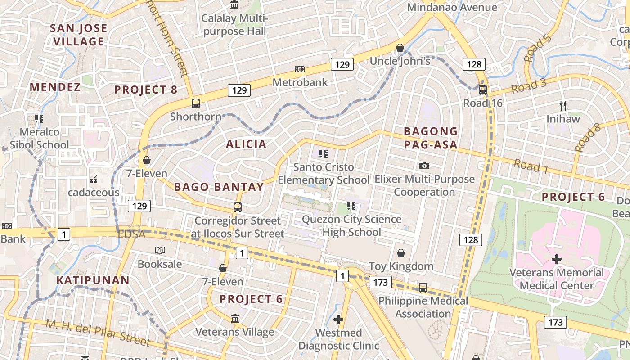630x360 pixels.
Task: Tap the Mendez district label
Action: [55, 87]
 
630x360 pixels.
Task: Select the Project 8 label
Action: [146, 90]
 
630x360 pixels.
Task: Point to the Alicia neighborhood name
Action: [246, 144]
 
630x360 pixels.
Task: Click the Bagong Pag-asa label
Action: [431, 138]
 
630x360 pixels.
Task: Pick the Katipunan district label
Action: [93, 280]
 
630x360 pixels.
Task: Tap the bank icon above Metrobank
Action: [300, 69]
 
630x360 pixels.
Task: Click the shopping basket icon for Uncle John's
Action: [400, 48]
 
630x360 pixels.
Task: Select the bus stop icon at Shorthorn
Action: [196, 103]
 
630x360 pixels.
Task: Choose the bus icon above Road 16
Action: [483, 90]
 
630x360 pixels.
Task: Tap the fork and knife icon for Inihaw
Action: [562, 106]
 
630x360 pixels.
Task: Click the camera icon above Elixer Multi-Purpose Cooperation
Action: [424, 166]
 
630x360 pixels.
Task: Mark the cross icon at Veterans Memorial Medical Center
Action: [557, 259]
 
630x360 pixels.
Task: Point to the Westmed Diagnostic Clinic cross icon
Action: [338, 319]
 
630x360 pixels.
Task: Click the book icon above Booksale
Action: [160, 250]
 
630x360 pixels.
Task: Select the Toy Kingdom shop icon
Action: [400, 253]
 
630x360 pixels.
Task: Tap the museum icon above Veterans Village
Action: [234, 319]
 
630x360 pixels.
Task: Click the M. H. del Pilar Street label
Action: [98, 333]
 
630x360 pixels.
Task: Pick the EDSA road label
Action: [131, 234]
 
